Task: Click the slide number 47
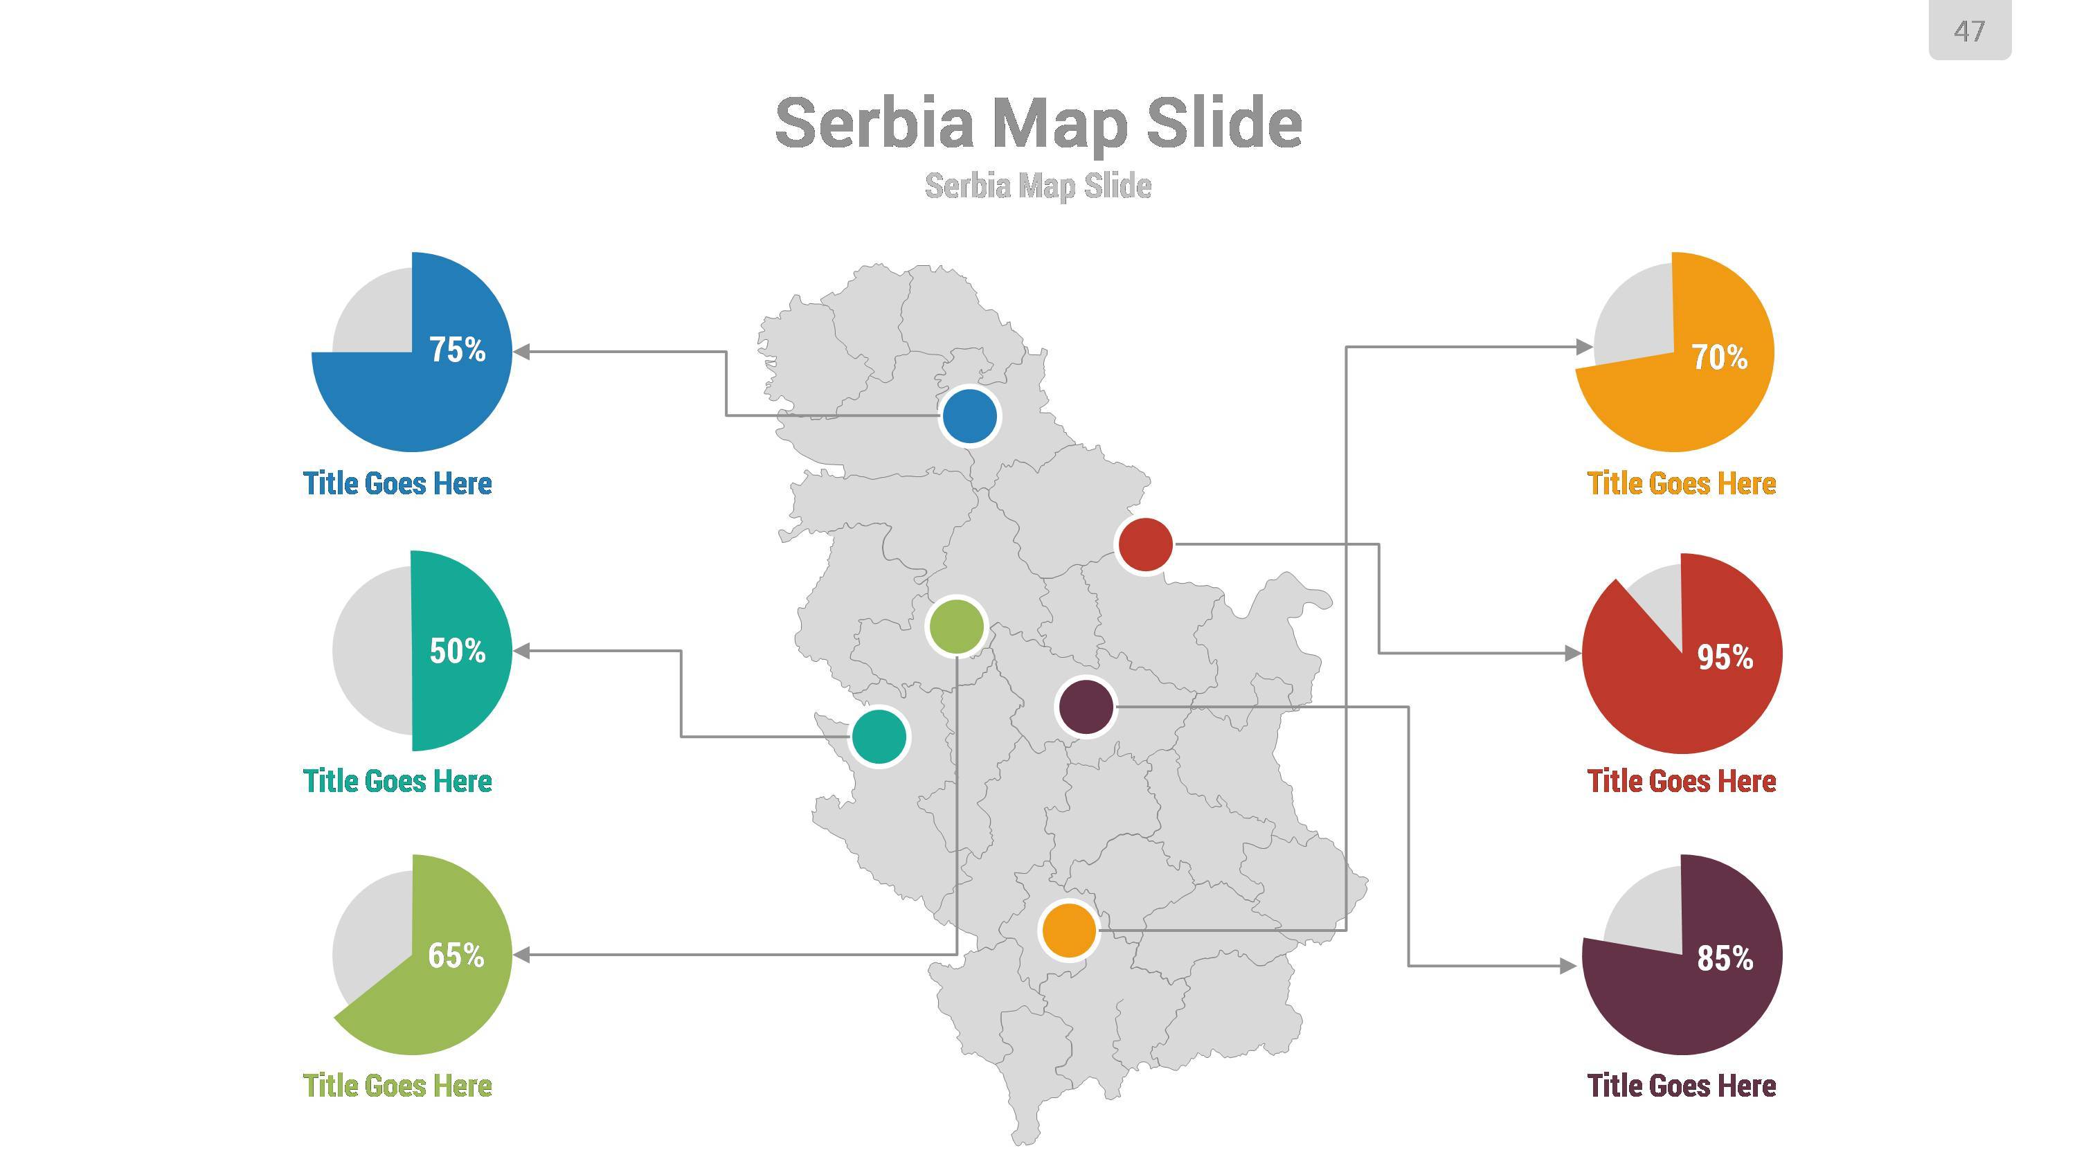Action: (1969, 31)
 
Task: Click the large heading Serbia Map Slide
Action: (1038, 123)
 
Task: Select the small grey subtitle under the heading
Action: (1038, 186)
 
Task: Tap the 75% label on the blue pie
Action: (457, 350)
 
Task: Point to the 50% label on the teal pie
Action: (457, 651)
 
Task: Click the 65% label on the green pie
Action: (456, 955)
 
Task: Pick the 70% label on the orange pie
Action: (1719, 357)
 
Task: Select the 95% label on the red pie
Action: (1725, 658)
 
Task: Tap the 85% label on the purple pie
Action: (1725, 958)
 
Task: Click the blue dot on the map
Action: (969, 416)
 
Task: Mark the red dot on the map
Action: (1146, 545)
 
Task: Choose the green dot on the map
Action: (956, 627)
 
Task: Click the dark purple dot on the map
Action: (1086, 707)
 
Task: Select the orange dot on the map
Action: (1069, 931)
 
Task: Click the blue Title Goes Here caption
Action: (397, 484)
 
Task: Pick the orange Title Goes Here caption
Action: (1681, 484)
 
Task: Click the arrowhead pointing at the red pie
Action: (1572, 654)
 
